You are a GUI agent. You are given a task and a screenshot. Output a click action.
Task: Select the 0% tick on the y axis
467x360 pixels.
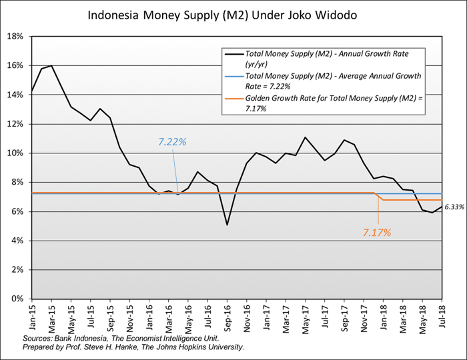(x=17, y=299)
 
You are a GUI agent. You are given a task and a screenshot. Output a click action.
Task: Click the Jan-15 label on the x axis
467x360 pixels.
(x=32, y=315)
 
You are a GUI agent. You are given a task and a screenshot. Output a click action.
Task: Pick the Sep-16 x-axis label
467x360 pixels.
(x=227, y=315)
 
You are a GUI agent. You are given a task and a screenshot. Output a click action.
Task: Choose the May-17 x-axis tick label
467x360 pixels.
(x=305, y=315)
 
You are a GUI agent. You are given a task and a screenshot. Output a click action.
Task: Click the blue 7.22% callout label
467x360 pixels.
(x=172, y=142)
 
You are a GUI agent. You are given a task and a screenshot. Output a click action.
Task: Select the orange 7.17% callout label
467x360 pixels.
(x=377, y=233)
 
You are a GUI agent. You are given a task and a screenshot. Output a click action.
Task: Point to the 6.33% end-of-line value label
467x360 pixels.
(x=454, y=208)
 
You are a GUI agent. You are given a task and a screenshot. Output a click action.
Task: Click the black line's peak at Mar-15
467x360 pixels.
(x=51, y=66)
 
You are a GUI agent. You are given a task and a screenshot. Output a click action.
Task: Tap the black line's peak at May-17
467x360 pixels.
(x=305, y=137)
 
